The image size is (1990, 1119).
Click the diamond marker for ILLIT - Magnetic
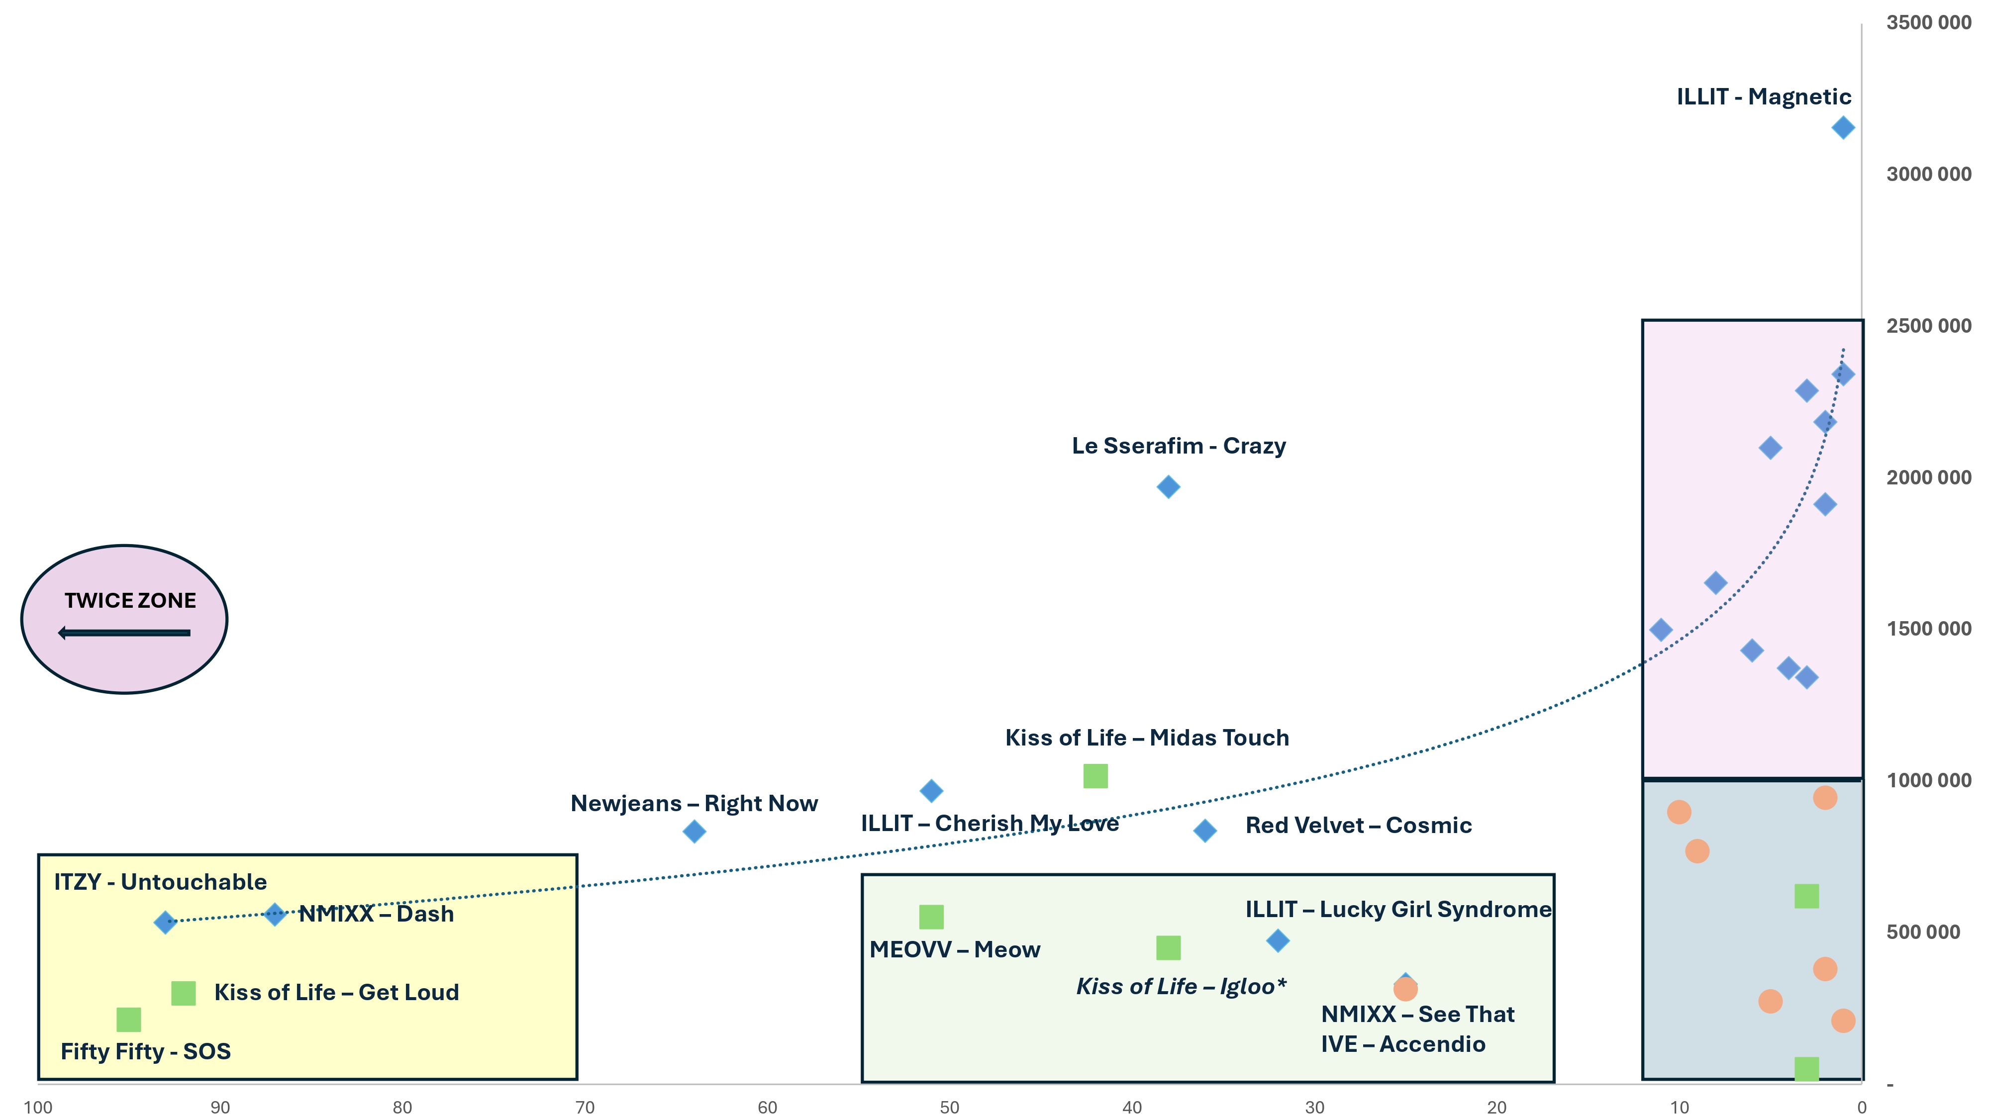click(1842, 127)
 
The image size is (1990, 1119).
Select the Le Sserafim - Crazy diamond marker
click(1168, 486)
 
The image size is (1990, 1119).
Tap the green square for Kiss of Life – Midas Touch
click(1095, 775)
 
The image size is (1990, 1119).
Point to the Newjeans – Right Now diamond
click(694, 831)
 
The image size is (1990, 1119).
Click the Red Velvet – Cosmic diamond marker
click(1204, 830)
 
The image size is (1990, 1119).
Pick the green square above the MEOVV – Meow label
click(931, 917)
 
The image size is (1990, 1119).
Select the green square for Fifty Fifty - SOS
click(128, 1020)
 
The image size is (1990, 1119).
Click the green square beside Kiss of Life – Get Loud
click(183, 993)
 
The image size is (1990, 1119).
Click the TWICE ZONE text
click(130, 600)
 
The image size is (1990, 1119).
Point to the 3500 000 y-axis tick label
click(1928, 22)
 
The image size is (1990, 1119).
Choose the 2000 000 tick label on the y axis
click(1928, 477)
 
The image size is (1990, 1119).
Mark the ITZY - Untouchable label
click(160, 882)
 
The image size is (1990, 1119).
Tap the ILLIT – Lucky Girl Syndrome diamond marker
click(1278, 940)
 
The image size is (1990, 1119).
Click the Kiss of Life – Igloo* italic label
click(1181, 986)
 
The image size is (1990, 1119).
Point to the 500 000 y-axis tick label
click(1923, 932)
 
